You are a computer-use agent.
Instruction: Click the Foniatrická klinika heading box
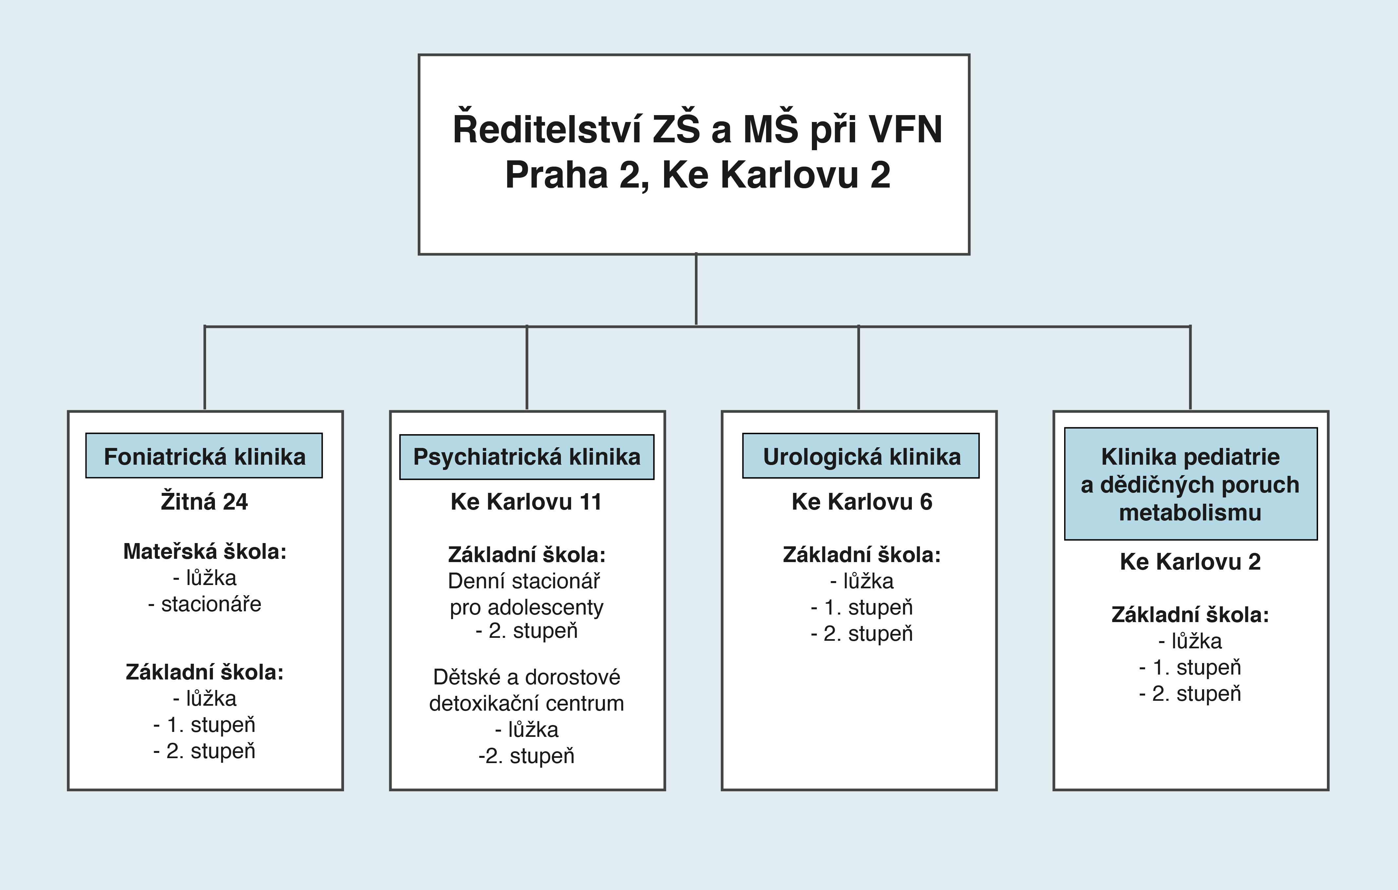click(204, 455)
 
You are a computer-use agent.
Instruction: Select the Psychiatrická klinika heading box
click(527, 457)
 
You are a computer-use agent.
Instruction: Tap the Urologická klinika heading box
click(861, 456)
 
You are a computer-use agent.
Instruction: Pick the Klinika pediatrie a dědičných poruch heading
click(1191, 484)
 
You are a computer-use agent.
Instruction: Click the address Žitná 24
click(204, 501)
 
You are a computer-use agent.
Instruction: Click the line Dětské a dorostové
click(527, 677)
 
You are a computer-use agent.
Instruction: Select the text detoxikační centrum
click(527, 703)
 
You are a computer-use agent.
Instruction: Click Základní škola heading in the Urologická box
click(862, 555)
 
